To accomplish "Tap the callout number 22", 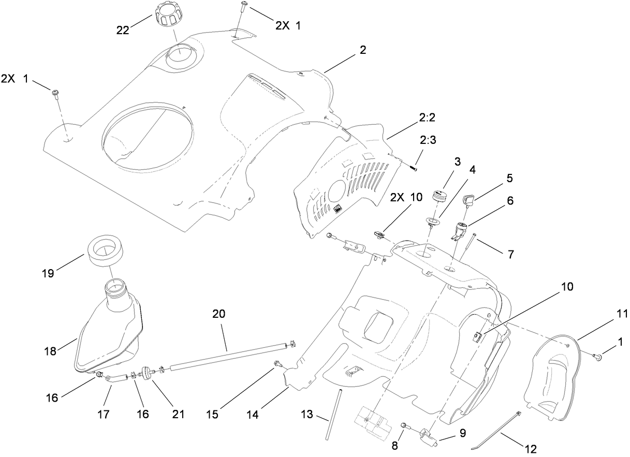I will click(123, 31).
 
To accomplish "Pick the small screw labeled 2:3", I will click(413, 167).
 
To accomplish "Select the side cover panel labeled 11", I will click(549, 375).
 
